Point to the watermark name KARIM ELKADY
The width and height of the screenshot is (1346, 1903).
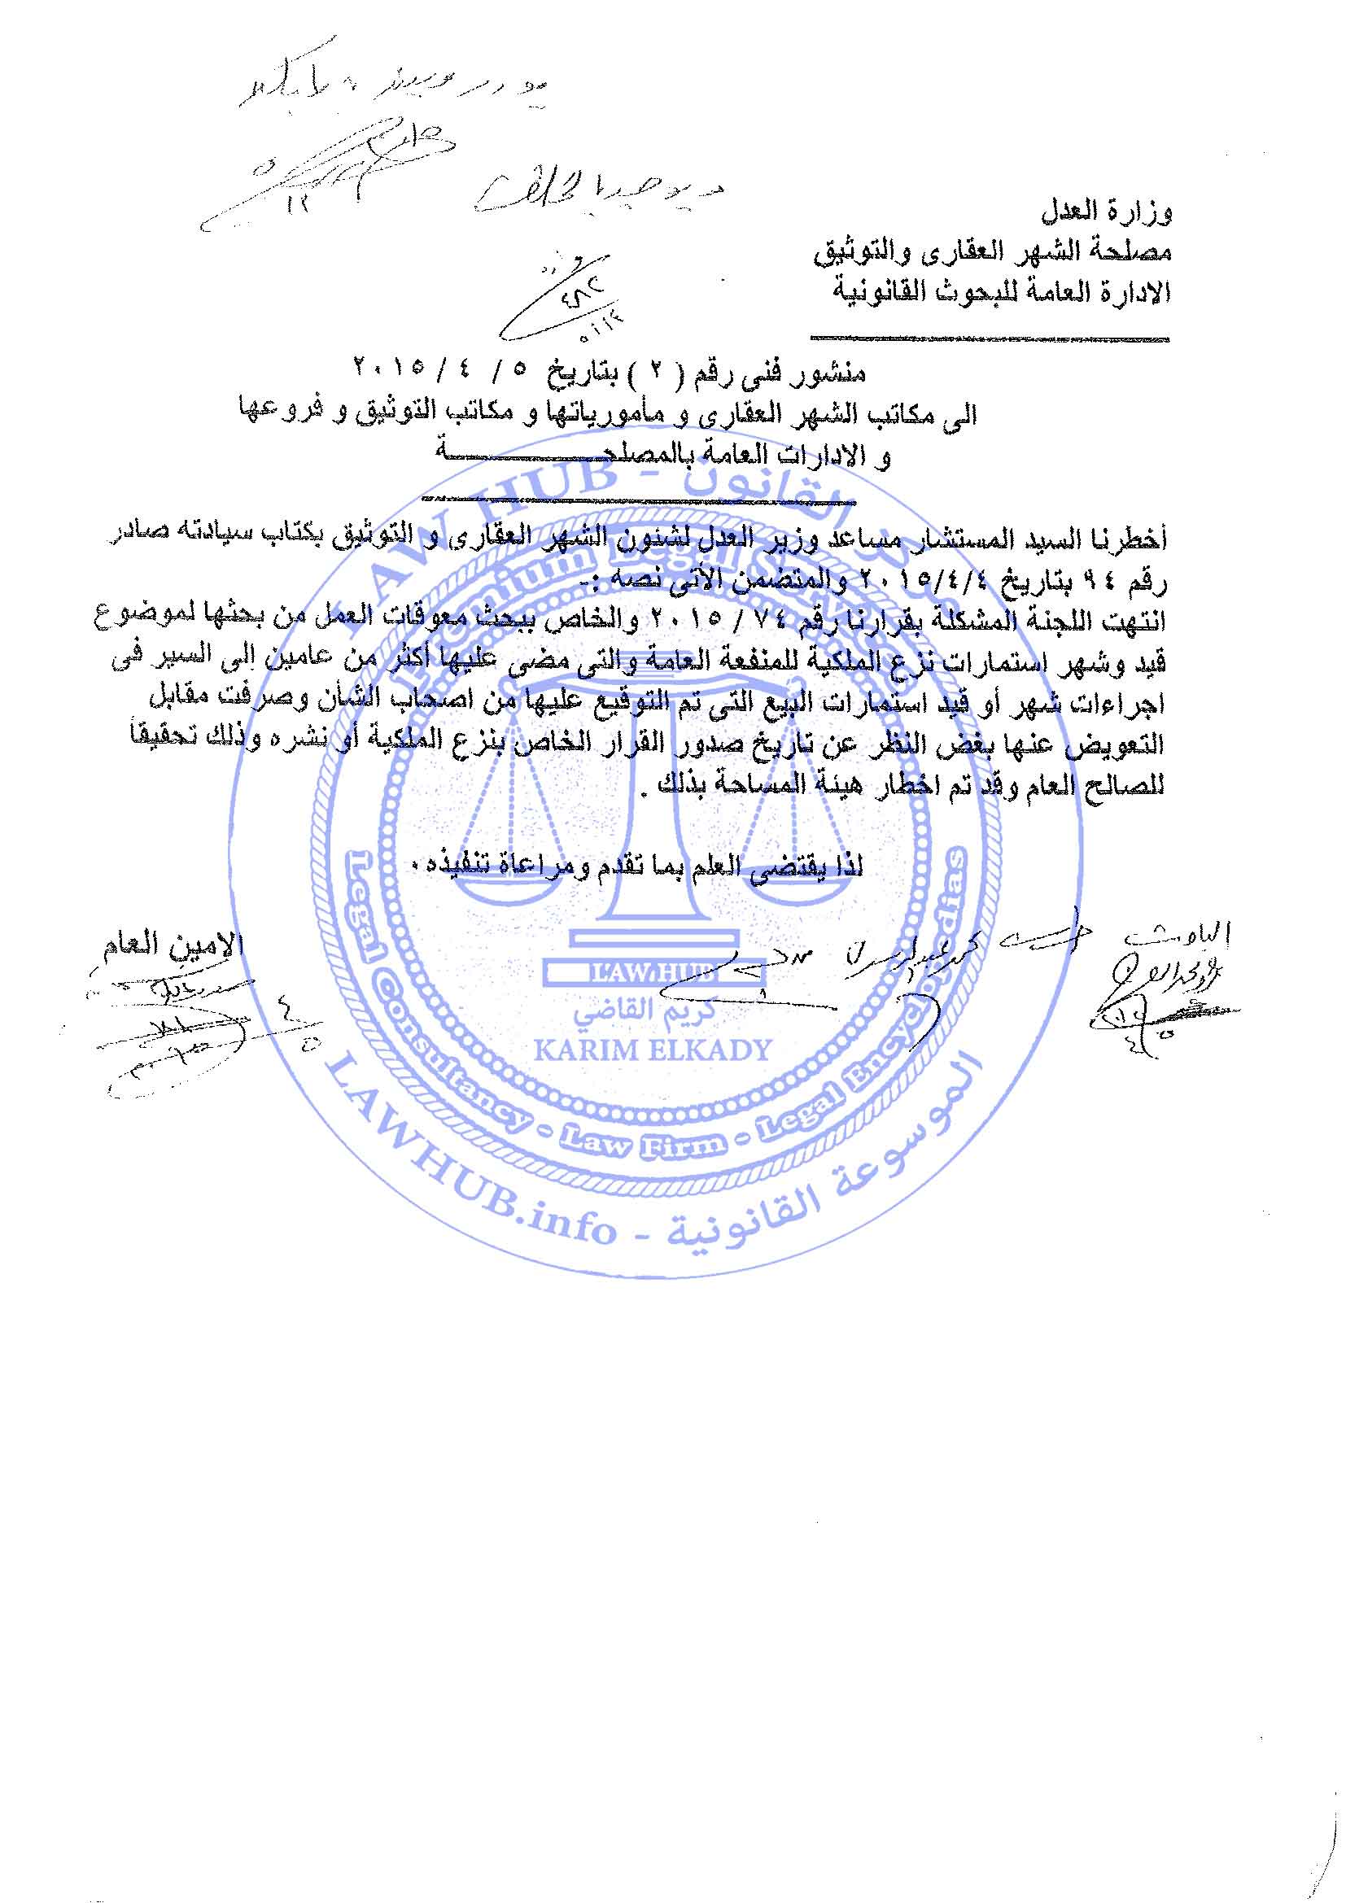coord(653,1051)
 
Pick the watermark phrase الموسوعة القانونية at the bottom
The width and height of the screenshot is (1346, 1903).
coord(820,1194)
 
